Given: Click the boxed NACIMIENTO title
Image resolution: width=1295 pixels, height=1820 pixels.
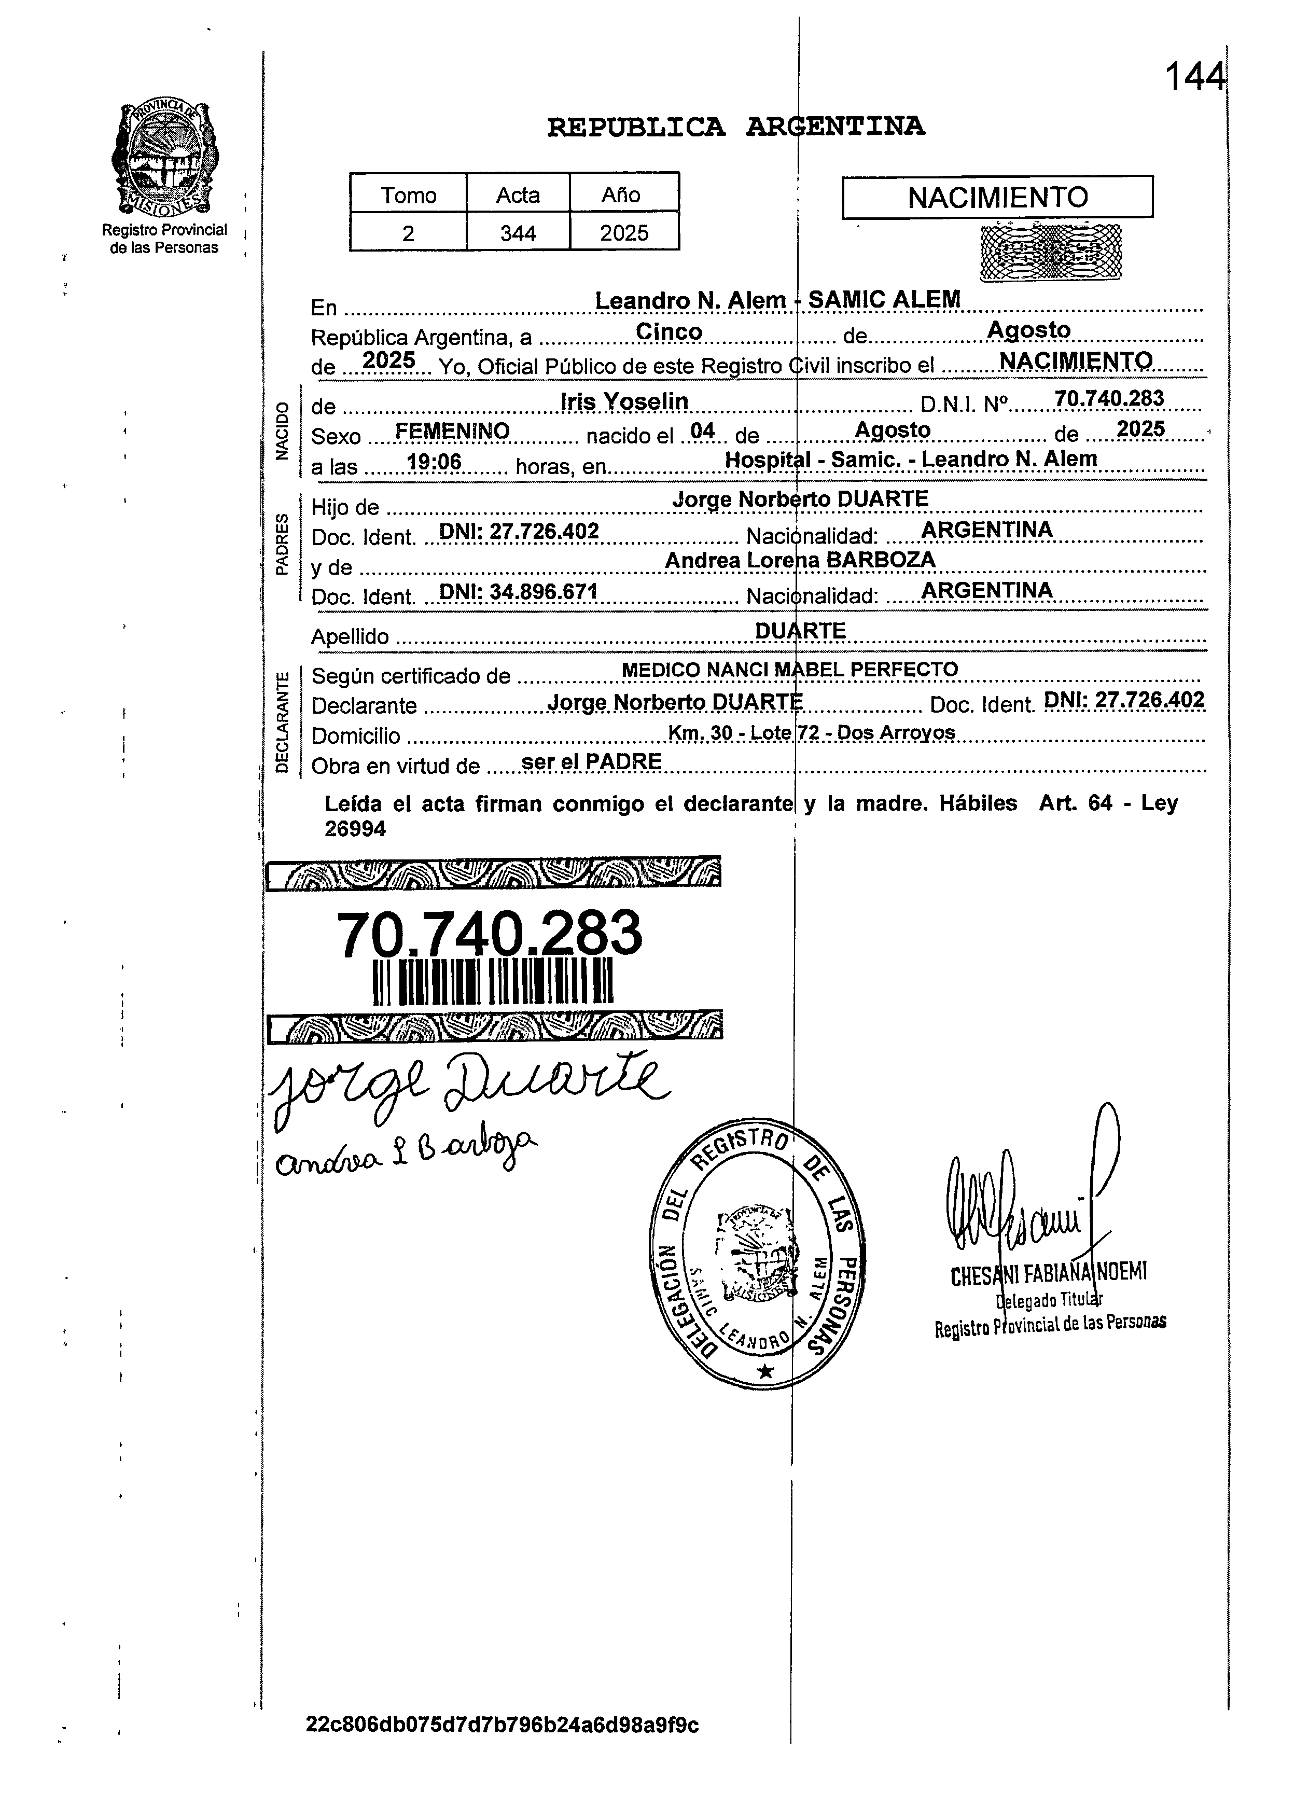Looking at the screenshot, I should click(997, 197).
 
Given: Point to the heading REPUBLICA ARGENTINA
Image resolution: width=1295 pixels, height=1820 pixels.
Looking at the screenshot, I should click(735, 127).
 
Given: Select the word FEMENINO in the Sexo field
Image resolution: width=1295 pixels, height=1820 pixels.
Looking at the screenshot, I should click(452, 432).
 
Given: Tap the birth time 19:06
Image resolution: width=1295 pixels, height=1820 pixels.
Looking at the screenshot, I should click(434, 462).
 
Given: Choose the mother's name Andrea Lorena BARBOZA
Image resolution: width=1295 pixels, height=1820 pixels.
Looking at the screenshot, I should click(800, 560).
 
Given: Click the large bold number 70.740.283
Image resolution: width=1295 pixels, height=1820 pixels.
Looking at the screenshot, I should click(489, 934).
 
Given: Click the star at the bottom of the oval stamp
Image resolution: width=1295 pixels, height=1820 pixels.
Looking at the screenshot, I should click(765, 1371).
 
